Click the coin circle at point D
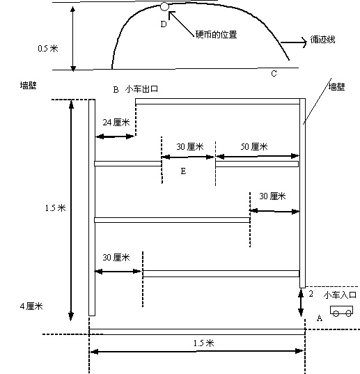(164, 6)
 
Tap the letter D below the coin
(164, 24)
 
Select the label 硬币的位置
(216, 35)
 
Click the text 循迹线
(322, 40)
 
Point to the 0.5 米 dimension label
(48, 49)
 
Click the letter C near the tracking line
(274, 73)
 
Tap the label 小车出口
(141, 89)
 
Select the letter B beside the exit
(116, 90)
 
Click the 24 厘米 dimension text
(116, 123)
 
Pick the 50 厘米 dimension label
(254, 147)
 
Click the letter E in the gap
(183, 171)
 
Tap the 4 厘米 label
(31, 306)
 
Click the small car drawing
(341, 311)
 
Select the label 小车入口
(340, 295)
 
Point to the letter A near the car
(320, 318)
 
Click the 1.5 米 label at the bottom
(203, 343)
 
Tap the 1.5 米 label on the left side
(55, 208)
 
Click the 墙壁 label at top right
(336, 86)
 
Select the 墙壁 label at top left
(28, 85)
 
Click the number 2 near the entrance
(311, 294)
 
